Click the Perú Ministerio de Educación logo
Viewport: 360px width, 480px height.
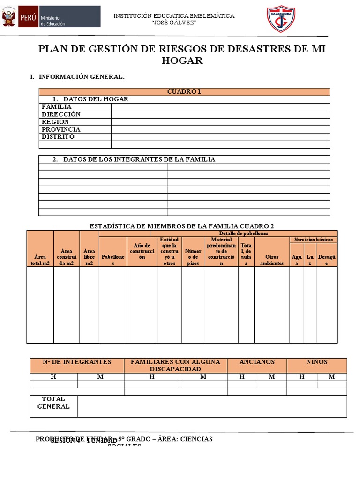[51, 17]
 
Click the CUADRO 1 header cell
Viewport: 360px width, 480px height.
[184, 92]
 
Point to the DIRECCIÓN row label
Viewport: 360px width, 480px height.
[61, 114]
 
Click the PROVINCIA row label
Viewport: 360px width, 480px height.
[61, 129]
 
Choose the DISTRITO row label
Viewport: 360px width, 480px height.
[58, 137]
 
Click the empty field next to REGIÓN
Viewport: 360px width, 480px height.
[220, 122]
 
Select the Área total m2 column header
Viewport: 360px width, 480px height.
[40, 260]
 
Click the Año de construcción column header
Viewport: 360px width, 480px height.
[142, 251]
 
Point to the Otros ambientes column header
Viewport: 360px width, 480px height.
[272, 260]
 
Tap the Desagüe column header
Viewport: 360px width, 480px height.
[327, 260]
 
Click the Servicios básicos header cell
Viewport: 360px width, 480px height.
[314, 240]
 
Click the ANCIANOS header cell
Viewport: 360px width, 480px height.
[257, 362]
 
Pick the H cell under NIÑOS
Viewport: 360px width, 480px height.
[302, 377]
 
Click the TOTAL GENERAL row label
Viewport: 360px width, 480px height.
[53, 403]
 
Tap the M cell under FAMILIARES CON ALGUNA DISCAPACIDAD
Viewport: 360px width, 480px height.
[203, 377]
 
